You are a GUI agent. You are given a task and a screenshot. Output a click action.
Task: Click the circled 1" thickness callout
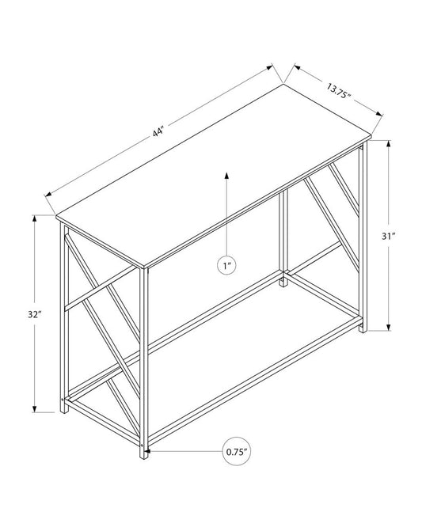point(227,267)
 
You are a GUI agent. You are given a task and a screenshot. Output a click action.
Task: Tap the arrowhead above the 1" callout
point(227,175)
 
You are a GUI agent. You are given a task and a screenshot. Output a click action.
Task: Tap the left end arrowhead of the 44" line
point(50,192)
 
